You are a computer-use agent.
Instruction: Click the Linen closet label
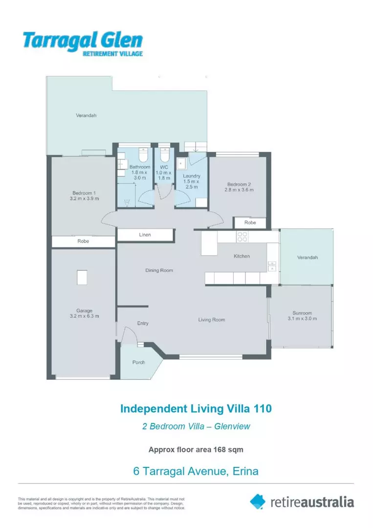[145, 235]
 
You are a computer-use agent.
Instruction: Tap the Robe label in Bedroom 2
[250, 222]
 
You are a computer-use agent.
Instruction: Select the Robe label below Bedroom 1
[83, 242]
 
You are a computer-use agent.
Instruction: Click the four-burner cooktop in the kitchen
[242, 237]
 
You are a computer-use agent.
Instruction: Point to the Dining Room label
[159, 270]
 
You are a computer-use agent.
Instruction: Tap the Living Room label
[211, 320]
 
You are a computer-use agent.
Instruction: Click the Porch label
[139, 362]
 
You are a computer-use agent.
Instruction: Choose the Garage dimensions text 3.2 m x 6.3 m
[84, 316]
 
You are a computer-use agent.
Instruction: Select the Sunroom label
[302, 313]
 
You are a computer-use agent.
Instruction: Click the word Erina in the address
[243, 471]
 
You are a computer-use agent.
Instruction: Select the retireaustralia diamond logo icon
[258, 501]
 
